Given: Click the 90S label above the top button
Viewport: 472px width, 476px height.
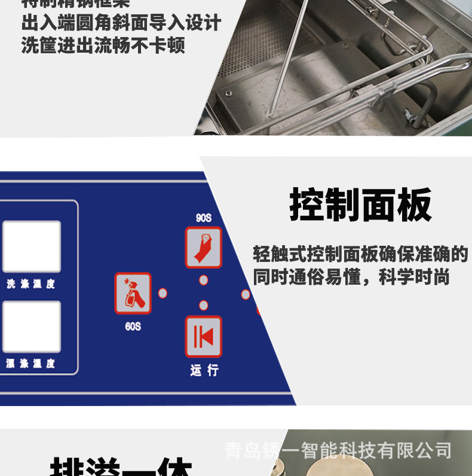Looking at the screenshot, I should click(x=204, y=218).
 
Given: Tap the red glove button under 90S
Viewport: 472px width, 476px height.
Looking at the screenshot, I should click(x=204, y=248).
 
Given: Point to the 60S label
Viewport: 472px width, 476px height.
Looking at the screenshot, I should click(x=133, y=327).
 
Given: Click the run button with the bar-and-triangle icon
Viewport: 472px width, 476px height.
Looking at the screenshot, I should click(x=204, y=337).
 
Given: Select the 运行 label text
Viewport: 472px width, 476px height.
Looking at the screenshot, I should click(x=204, y=370).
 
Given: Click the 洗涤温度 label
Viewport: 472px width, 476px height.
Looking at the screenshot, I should click(x=30, y=284).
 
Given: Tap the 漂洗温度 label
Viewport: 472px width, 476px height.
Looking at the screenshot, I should click(x=30, y=363).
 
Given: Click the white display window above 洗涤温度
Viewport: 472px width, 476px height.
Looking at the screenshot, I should click(x=32, y=246).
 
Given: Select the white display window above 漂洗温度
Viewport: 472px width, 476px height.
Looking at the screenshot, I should click(x=32, y=327).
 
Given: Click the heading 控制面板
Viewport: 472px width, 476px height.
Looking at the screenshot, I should click(x=360, y=206).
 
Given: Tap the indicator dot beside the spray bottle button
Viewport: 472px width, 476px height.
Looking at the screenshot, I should click(x=163, y=294).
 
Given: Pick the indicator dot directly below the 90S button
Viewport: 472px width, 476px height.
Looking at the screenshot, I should click(x=204, y=280).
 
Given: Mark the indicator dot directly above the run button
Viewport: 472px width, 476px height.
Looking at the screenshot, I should click(x=204, y=306).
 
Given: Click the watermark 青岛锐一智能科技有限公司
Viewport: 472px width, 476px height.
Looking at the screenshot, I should click(x=338, y=450).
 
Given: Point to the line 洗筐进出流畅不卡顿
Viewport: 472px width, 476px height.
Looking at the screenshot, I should click(x=103, y=45).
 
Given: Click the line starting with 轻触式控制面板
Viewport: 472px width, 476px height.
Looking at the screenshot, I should click(x=360, y=254).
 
